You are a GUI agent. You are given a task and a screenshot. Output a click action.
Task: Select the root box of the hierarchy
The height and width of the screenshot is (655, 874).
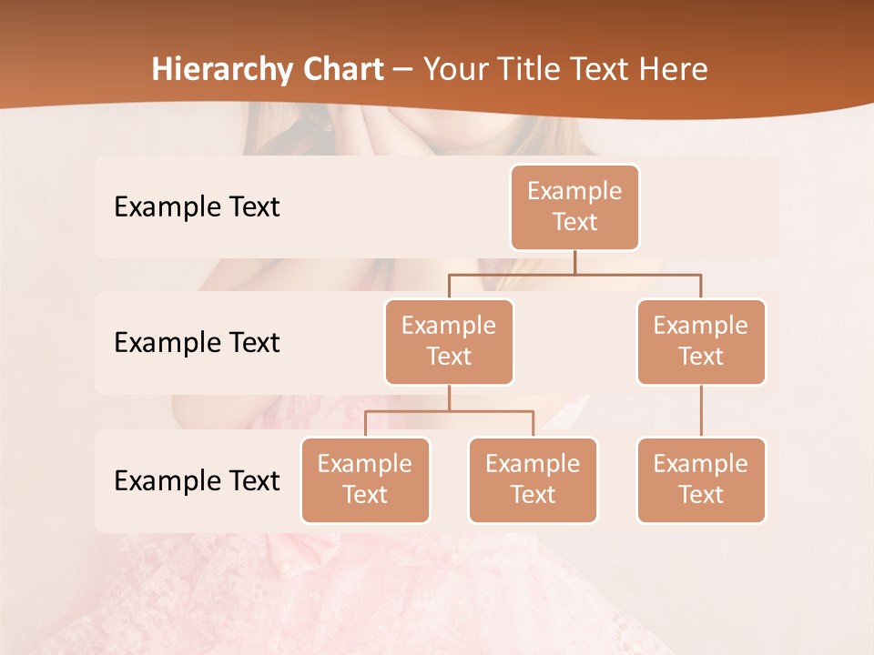[574, 207]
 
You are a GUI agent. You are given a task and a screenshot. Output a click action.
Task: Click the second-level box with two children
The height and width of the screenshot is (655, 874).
[449, 342]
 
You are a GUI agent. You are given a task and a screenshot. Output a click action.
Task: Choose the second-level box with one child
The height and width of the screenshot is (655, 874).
[701, 342]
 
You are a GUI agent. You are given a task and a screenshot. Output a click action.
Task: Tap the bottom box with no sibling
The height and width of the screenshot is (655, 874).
[701, 480]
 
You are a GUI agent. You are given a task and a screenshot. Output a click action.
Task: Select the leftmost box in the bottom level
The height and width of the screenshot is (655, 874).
[365, 480]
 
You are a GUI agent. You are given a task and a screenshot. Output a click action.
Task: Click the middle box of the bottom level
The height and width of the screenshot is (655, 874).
[533, 480]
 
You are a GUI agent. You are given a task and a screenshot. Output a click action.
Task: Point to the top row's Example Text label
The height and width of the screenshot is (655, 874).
[197, 207]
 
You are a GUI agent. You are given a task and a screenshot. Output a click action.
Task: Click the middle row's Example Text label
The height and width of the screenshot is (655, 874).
[197, 343]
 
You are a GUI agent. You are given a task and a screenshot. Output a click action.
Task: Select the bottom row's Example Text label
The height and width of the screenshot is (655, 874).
[197, 480]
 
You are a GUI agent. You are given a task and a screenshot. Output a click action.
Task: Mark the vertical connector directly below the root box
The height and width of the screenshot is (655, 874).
[574, 262]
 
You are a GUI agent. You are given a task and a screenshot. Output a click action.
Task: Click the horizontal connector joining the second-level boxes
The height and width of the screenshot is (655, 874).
[574, 274]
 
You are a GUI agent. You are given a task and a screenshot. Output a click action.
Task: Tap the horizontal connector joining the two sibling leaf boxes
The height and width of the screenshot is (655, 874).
[449, 411]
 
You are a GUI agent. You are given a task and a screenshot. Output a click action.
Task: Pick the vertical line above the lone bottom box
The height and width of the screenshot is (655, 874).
[701, 411]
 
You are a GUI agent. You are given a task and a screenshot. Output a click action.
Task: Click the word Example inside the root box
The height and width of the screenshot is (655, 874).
[574, 191]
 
